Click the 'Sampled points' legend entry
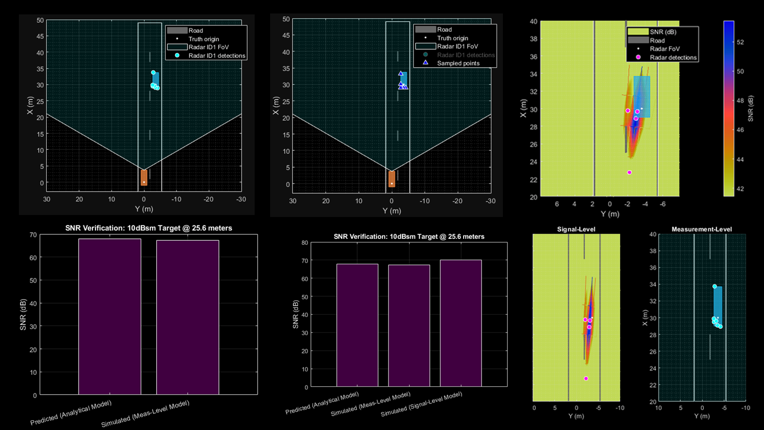(458, 63)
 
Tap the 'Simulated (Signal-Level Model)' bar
(461, 323)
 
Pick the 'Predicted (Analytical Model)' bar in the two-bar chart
(109, 317)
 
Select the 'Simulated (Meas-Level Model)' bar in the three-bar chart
(409, 326)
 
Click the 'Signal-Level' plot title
(576, 229)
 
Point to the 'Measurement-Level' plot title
(701, 229)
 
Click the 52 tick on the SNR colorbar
(740, 42)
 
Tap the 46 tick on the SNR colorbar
(740, 130)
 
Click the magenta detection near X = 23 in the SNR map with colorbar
(630, 173)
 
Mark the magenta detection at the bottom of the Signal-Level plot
(586, 379)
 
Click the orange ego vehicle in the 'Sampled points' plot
(391, 179)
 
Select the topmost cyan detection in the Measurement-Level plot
(715, 287)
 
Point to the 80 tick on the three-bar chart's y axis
(305, 243)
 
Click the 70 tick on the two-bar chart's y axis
(33, 234)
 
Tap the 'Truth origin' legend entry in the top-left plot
(203, 39)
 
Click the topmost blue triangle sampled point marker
(401, 74)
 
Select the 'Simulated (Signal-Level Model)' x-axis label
(421, 404)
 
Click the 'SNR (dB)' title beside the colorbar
(751, 108)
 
